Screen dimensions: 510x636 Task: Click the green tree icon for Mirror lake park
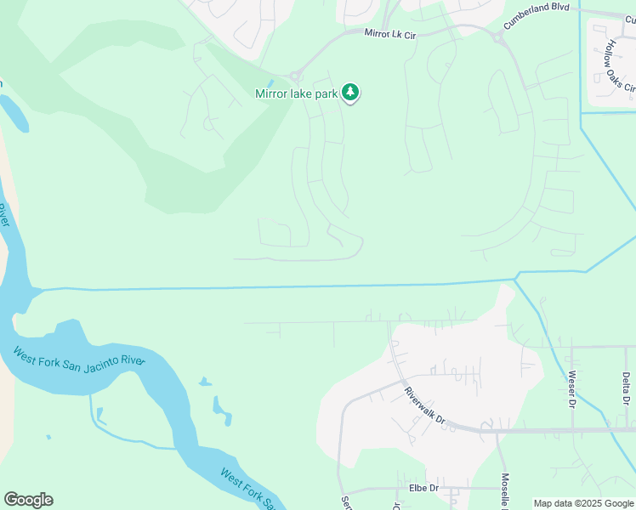click(350, 93)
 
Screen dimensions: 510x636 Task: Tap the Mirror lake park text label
click(297, 93)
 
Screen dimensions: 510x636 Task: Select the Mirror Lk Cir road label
click(390, 33)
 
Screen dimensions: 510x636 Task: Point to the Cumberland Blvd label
click(535, 17)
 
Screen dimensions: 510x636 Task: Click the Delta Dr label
click(626, 388)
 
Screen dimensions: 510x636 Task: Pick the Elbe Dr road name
click(423, 488)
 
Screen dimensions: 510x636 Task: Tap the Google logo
click(28, 500)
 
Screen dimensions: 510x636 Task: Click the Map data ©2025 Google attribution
click(583, 503)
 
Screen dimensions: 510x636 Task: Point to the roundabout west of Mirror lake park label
click(296, 76)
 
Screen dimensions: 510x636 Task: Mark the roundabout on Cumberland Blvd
click(497, 37)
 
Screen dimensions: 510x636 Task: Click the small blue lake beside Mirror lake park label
click(271, 82)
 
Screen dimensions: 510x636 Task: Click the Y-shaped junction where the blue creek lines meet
click(516, 278)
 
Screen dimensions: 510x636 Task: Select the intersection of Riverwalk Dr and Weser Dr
click(572, 430)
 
